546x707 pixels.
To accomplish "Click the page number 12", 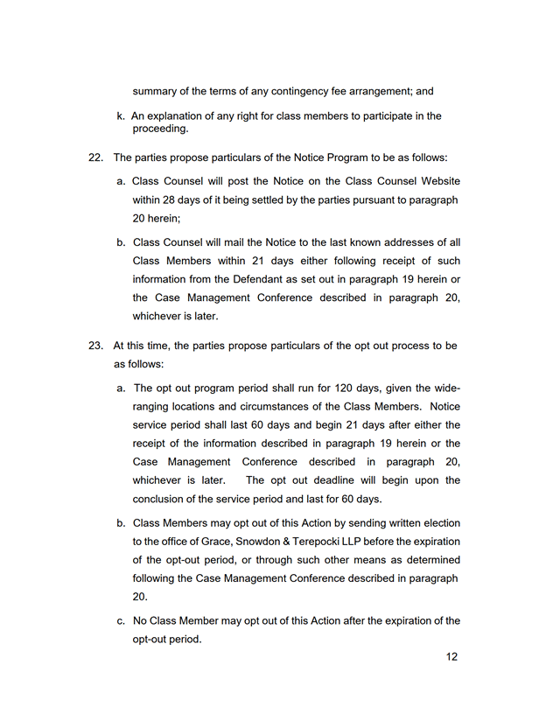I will coord(451,657).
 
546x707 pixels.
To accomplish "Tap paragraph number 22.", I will coord(95,157).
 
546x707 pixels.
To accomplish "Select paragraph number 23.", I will coord(95,346).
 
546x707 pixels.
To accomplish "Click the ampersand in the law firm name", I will coord(283,542).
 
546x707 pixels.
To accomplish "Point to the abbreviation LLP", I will coord(365,542).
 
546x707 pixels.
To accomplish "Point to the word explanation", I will coord(177,115).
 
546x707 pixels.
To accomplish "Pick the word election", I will coord(438,523).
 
